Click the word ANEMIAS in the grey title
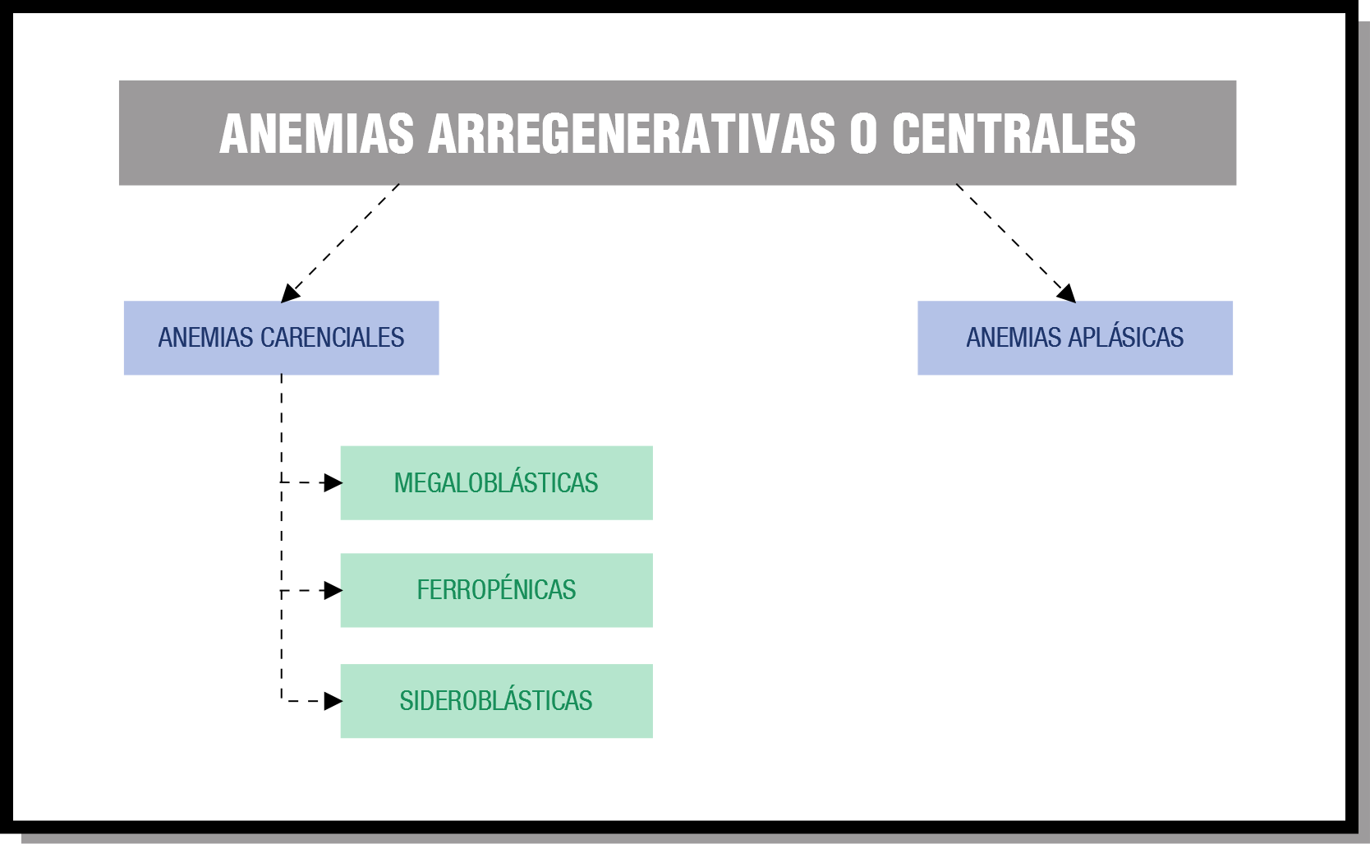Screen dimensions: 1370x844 point(317,134)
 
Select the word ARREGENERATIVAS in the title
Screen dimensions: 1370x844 point(631,134)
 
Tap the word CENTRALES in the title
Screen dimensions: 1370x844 point(1014,134)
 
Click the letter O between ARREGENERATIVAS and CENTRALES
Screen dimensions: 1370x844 point(863,134)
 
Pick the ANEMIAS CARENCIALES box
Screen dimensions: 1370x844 point(282,338)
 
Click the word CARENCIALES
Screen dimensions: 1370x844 point(332,338)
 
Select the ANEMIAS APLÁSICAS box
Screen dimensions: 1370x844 point(1075,338)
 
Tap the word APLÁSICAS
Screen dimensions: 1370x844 point(1126,337)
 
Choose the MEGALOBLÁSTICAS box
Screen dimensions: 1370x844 point(497,483)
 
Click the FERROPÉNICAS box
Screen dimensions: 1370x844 point(497,590)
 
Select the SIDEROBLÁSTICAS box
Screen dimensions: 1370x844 point(497,701)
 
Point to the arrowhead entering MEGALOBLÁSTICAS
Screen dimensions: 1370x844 point(333,483)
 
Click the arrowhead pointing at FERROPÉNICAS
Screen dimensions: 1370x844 point(333,591)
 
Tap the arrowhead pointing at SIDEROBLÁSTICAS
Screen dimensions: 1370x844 point(333,701)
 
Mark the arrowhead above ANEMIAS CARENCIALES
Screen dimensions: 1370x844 point(289,293)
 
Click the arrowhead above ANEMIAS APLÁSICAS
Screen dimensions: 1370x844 point(1067,293)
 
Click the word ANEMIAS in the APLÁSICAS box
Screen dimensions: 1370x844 point(1014,338)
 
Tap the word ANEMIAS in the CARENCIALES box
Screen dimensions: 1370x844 point(205,338)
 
